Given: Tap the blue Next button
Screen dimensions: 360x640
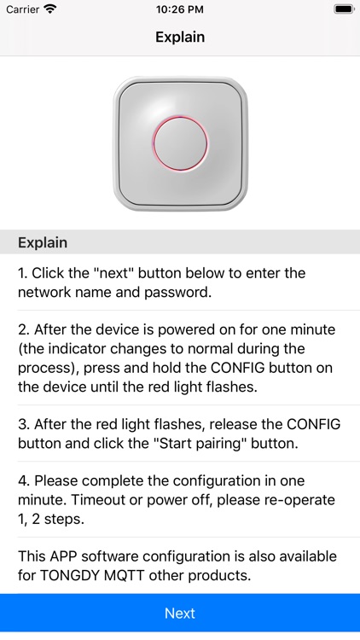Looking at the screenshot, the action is [x=180, y=613].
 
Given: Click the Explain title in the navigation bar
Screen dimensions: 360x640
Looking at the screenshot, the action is [x=180, y=38].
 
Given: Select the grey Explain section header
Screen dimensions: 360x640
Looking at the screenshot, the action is [x=180, y=242].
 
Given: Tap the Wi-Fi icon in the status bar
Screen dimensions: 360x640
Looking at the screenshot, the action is [x=50, y=9].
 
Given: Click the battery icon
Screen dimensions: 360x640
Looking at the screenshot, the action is [x=344, y=9].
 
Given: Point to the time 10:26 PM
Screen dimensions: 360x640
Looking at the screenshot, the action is [x=180, y=9].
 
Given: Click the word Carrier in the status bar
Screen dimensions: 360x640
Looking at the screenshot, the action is [x=22, y=9].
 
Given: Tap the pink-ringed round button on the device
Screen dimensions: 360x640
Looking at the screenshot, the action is [x=180, y=143].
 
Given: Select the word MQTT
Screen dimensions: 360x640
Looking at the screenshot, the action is [x=125, y=575].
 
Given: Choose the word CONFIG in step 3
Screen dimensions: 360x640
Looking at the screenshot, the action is [x=313, y=424].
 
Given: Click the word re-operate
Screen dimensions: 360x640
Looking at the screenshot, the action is [x=296, y=500].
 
